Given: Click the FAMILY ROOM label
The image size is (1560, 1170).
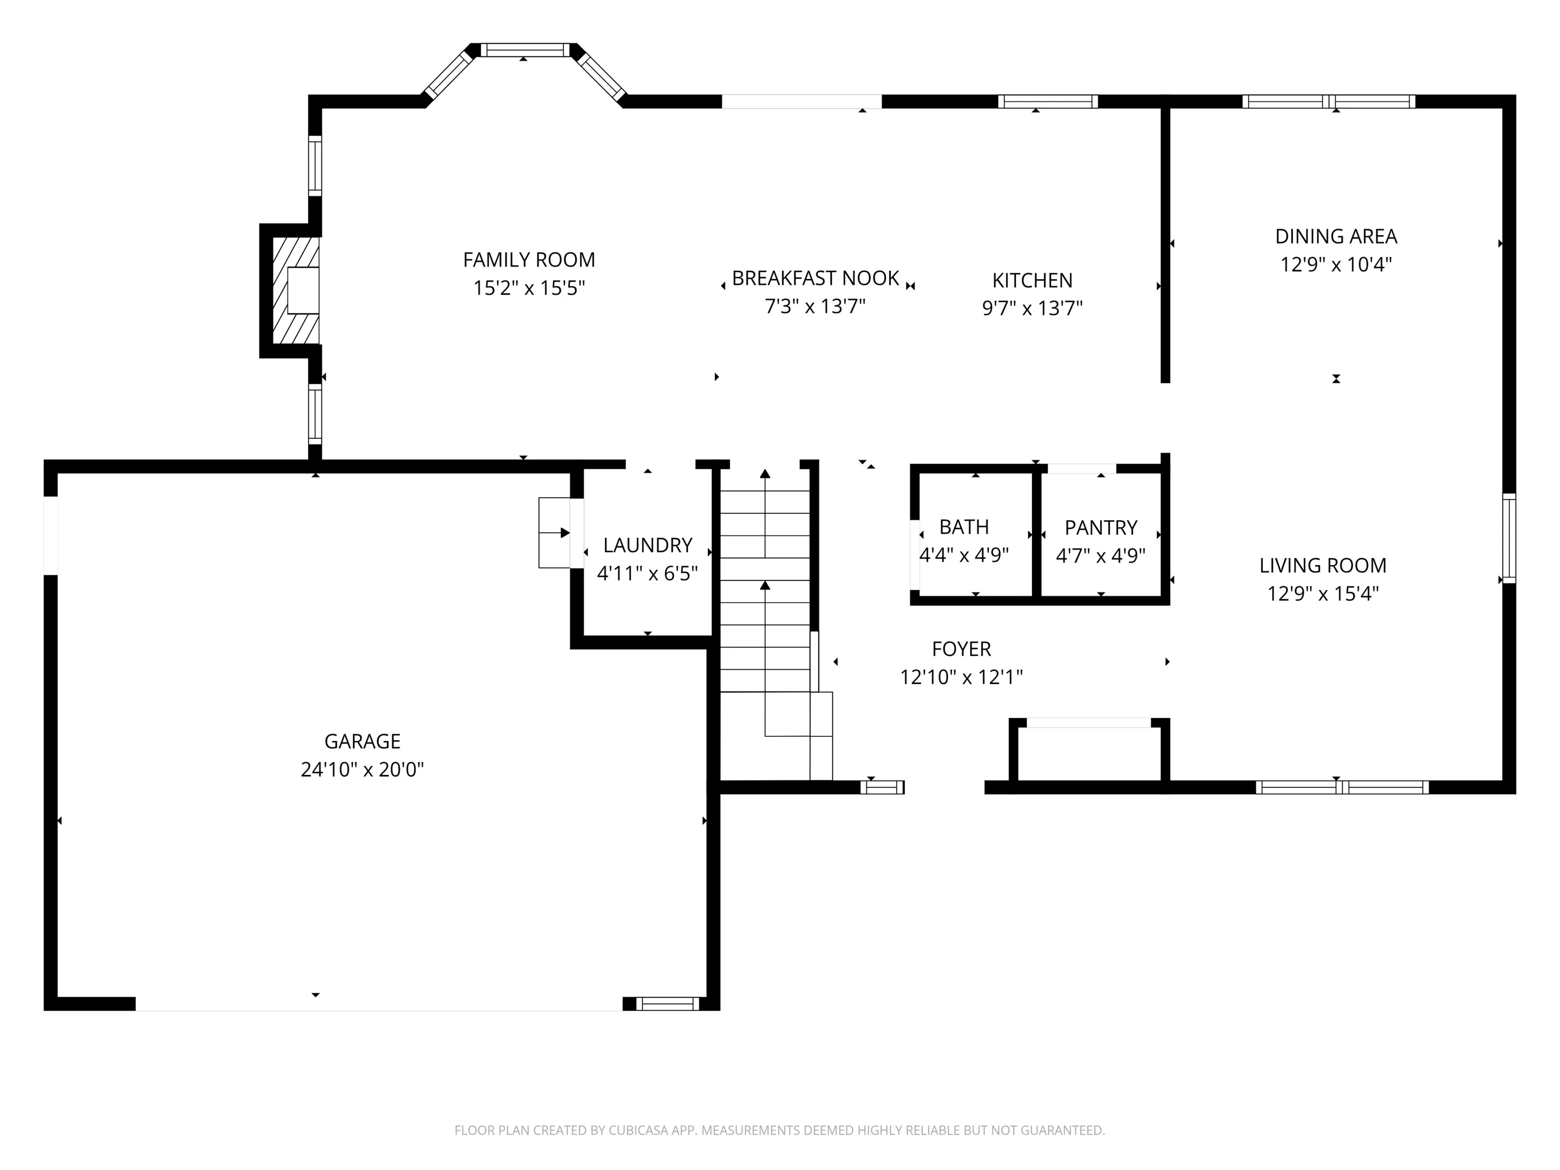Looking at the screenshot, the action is coord(529,259).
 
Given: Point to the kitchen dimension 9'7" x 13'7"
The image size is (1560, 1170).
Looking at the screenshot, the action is coord(1032,308).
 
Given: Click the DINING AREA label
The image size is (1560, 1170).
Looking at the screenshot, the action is coord(1336,236).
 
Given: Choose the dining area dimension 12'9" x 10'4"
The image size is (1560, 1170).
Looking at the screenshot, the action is coord(1336,265).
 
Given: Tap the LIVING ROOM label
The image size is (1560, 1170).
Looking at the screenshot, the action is coord(1322,566).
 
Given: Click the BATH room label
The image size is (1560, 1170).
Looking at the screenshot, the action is coord(963,527).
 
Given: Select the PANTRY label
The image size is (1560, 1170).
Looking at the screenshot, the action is coord(1100,528).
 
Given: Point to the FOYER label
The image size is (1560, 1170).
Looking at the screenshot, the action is coord(961,649).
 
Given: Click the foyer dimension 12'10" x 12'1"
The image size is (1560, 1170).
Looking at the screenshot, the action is coord(961,677).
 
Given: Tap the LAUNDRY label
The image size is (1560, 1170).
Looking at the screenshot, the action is coord(647,545).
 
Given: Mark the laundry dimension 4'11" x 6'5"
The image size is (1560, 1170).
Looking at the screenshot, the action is coord(647,573).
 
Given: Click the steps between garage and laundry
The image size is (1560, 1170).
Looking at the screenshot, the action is coord(555,533).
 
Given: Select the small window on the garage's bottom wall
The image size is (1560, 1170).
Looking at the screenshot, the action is coord(667,1003).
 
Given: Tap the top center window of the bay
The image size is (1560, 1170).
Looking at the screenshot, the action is coord(525,50).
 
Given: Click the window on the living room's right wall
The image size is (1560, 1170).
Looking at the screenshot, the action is coord(1509,538).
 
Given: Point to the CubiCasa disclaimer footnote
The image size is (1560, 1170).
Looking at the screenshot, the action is coord(779,1130).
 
